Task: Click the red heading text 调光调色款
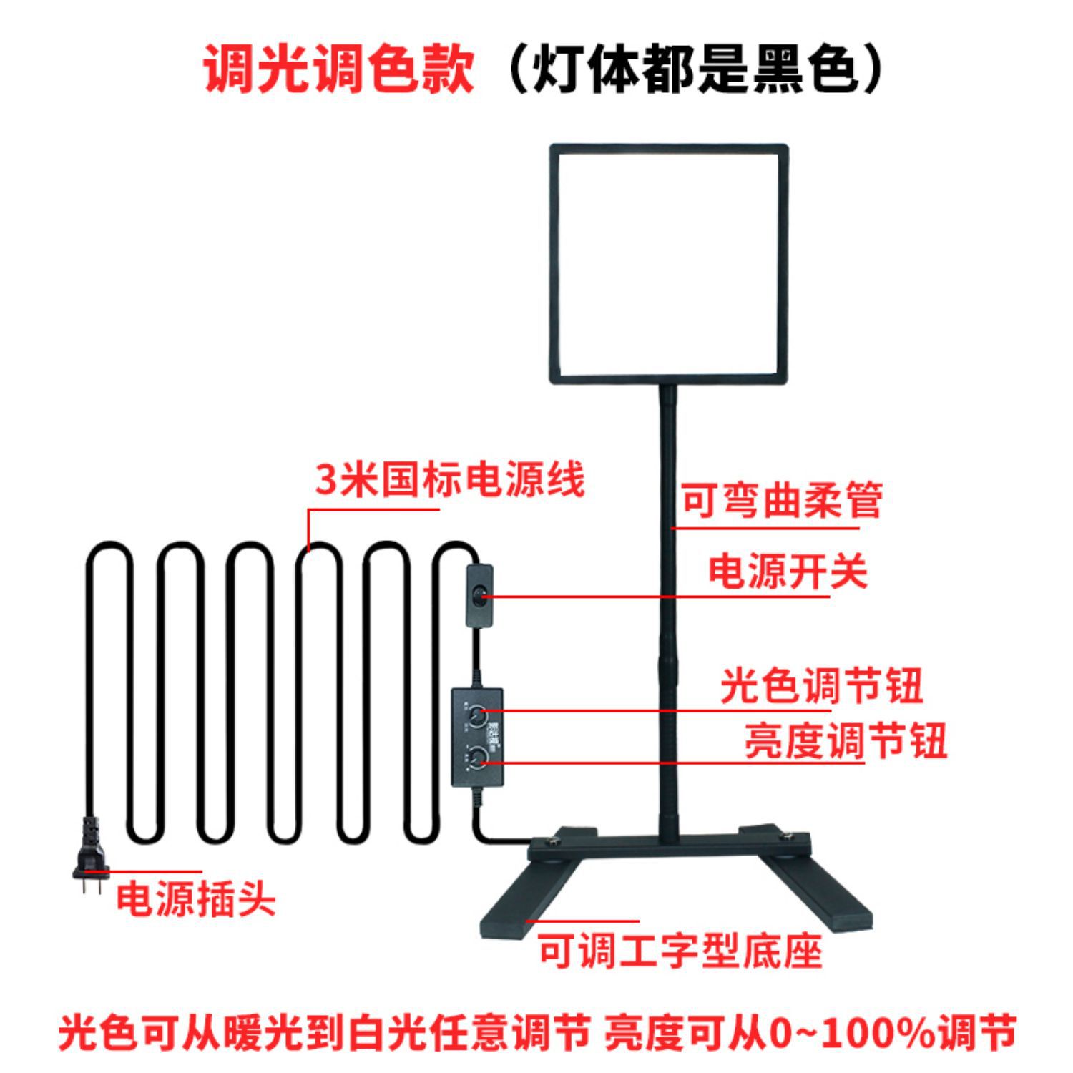tap(338, 70)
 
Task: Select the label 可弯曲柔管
tap(781, 500)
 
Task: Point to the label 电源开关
tap(788, 572)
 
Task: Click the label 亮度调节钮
tap(846, 740)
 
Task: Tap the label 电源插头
tap(195, 899)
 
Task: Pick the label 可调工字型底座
tap(680, 951)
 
